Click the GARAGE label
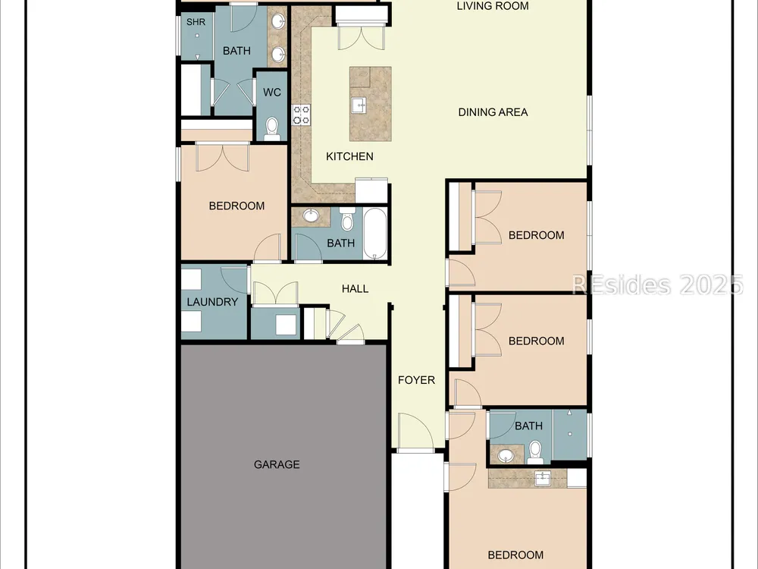(x=277, y=464)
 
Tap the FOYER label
(x=416, y=380)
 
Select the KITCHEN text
(x=349, y=156)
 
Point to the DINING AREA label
(x=493, y=112)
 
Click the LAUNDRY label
(x=212, y=302)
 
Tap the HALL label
(x=356, y=289)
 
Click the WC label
(x=271, y=93)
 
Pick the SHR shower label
(x=196, y=22)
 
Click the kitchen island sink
(x=359, y=105)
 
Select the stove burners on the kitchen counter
(x=301, y=115)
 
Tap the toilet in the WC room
(x=272, y=129)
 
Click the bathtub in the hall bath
(x=375, y=234)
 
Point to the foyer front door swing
(x=415, y=431)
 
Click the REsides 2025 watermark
(x=657, y=284)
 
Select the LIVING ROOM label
(x=493, y=6)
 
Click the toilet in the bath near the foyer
(x=535, y=452)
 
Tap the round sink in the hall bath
(x=311, y=215)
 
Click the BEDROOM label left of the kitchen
(x=236, y=206)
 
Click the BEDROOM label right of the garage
(x=515, y=555)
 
